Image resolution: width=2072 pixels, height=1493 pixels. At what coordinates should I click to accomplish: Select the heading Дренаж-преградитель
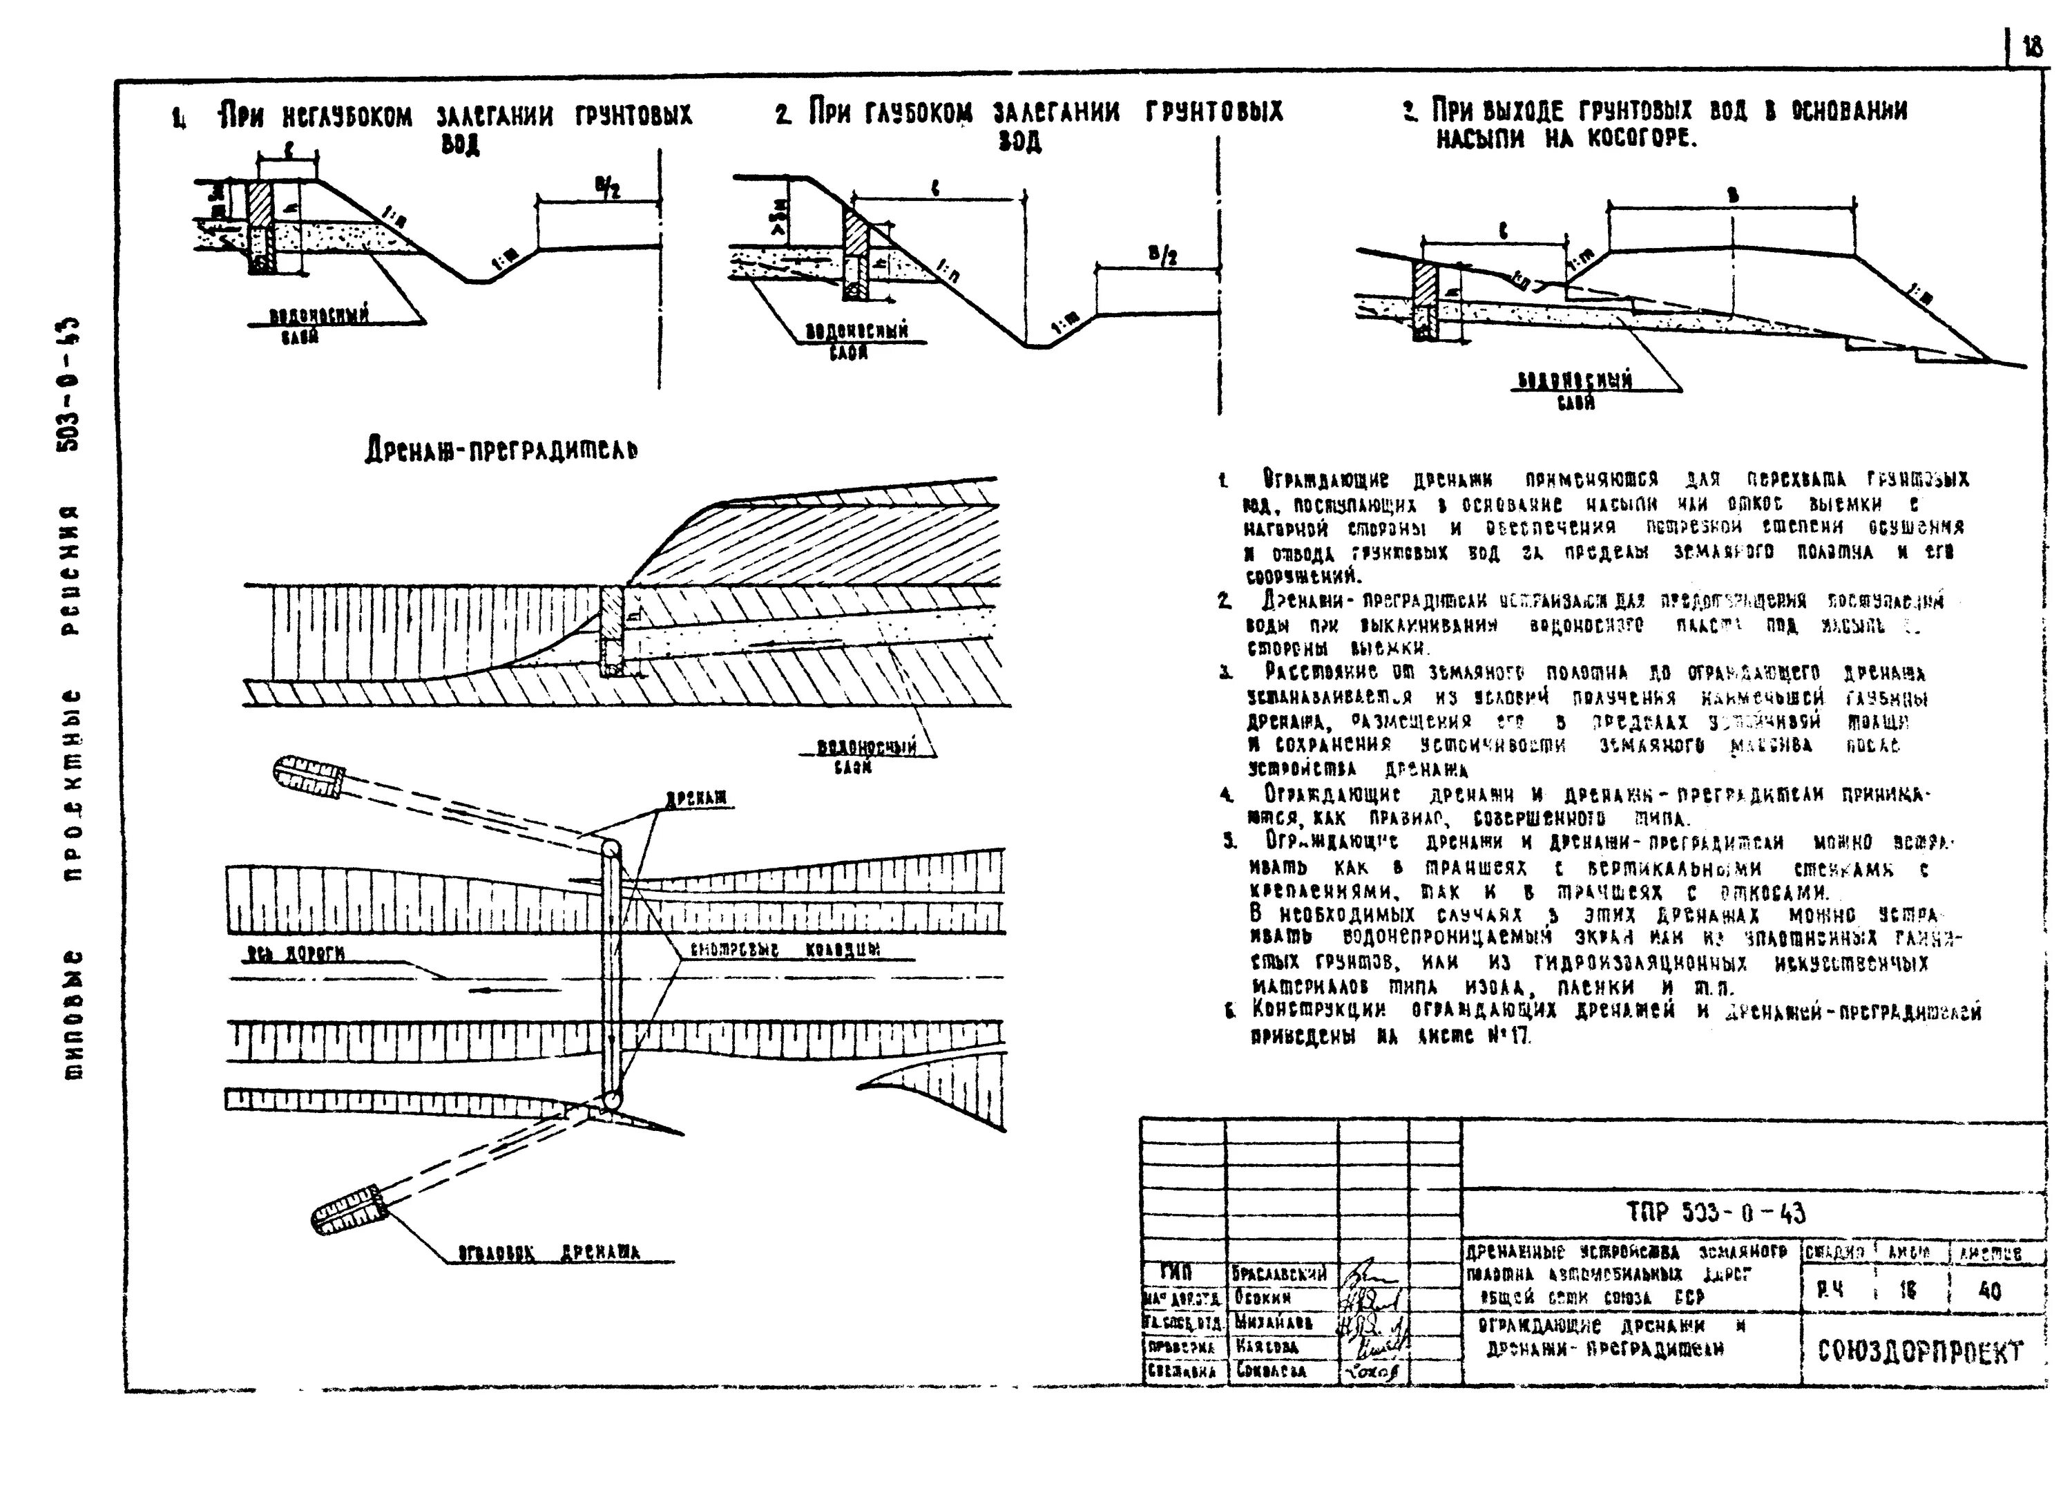pyautogui.click(x=501, y=450)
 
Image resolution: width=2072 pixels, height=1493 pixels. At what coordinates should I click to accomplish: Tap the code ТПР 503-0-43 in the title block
pyautogui.click(x=1716, y=1213)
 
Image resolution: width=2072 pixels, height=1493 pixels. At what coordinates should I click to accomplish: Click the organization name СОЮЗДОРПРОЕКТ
pyautogui.click(x=1920, y=1351)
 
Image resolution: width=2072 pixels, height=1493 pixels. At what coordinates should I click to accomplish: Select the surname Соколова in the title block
pyautogui.click(x=1271, y=1371)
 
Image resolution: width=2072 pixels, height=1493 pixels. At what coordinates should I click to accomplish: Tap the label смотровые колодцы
pyautogui.click(x=785, y=949)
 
